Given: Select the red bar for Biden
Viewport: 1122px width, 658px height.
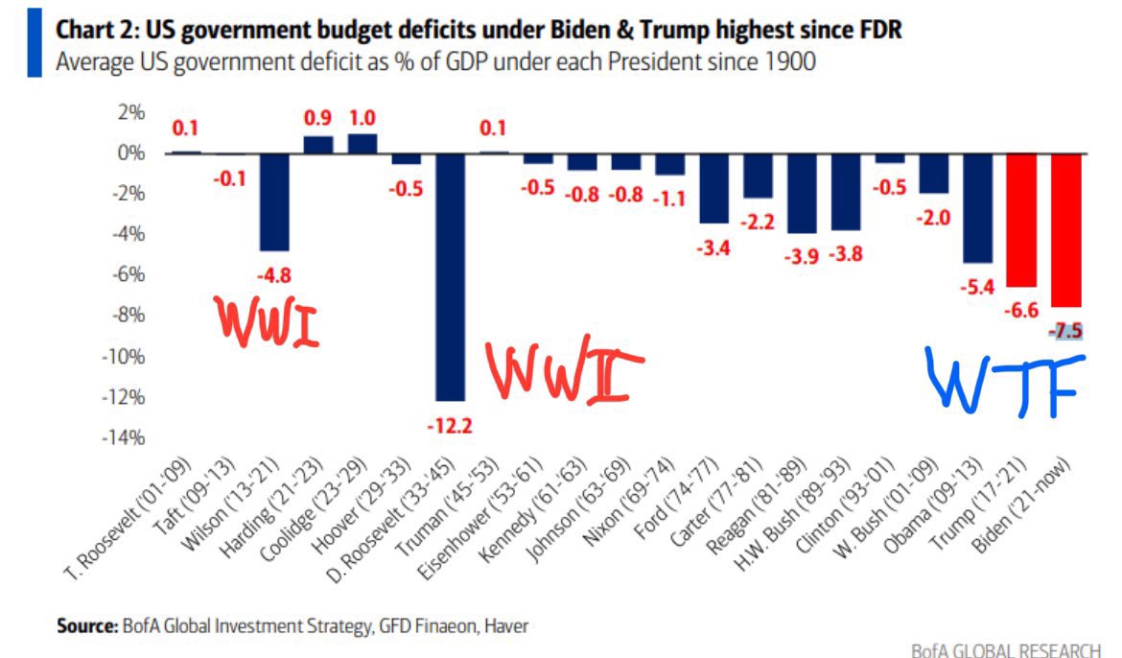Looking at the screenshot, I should tap(1066, 229).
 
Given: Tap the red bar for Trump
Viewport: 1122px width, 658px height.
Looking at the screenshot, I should tap(1022, 220).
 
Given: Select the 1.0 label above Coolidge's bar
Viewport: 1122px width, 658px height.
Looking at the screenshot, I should tap(362, 119).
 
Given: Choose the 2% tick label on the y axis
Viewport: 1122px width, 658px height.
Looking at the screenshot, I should tap(129, 112).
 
